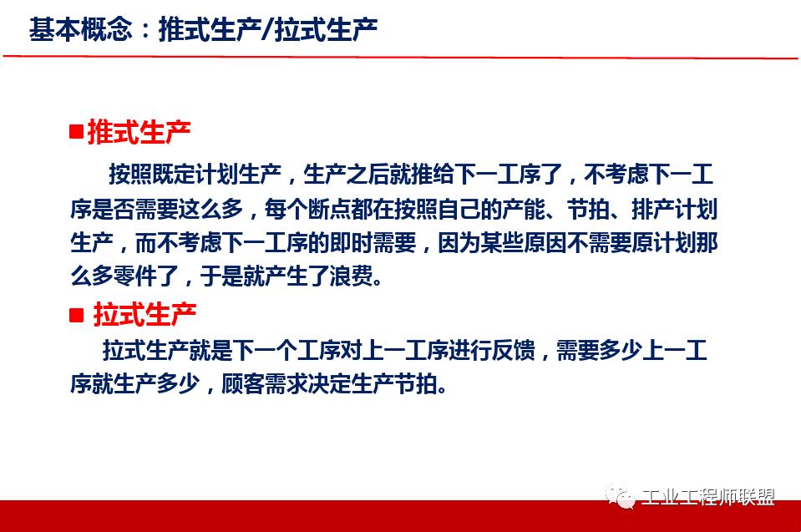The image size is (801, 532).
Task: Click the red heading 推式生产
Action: click(x=139, y=131)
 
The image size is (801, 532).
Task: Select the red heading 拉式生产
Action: click(x=144, y=315)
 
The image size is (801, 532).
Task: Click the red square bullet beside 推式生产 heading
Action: click(x=76, y=131)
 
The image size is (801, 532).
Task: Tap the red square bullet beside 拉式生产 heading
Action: click(x=77, y=315)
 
